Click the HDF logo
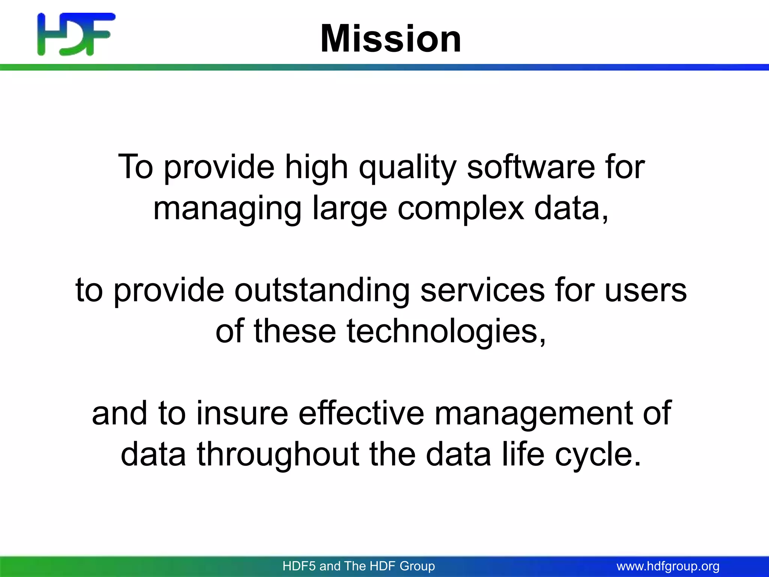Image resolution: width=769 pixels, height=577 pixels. coord(76,34)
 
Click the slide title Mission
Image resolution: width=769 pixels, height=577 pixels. coord(391,38)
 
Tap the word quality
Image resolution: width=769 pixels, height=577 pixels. coord(408,168)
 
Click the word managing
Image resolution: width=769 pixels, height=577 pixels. coord(227,209)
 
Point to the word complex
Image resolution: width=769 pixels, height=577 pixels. coord(460,209)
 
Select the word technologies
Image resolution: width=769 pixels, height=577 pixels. coord(446,331)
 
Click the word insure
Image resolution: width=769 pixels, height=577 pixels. coord(242,413)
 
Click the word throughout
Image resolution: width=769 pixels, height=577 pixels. coord(278,455)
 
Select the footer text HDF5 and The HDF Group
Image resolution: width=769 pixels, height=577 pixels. coord(359,566)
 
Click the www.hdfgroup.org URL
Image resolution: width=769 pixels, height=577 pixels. coord(668,566)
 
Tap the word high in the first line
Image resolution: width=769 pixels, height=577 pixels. coord(317,168)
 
